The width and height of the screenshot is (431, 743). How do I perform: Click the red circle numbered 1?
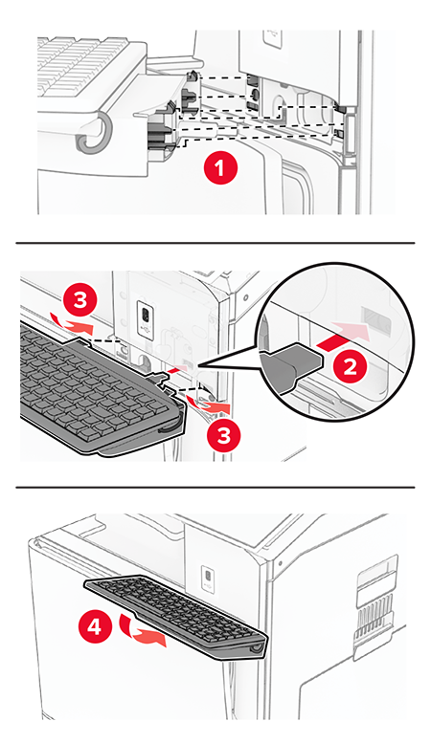(219, 168)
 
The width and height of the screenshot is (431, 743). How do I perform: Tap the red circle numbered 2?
(351, 367)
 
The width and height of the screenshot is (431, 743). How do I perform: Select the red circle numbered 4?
(94, 628)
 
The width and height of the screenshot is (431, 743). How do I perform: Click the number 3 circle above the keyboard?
(79, 300)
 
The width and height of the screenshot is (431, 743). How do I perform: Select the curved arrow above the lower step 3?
(208, 405)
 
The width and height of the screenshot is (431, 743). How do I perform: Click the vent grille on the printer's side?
(375, 615)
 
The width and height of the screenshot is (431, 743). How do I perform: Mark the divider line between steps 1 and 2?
(215, 243)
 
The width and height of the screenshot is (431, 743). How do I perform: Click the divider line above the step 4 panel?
(215, 487)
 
